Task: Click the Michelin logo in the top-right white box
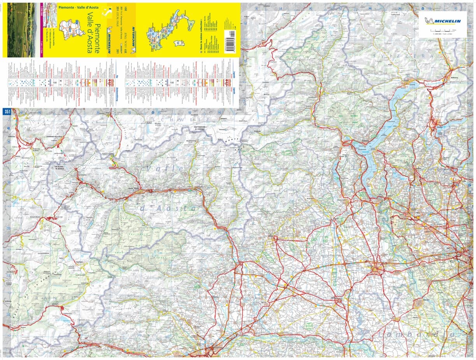(x=443, y=21)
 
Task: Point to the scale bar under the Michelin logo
(x=443, y=30)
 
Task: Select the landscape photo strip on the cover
(x=21, y=30)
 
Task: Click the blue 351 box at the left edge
(x=7, y=112)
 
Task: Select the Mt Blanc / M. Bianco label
(x=59, y=168)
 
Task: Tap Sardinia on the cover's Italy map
(x=178, y=42)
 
